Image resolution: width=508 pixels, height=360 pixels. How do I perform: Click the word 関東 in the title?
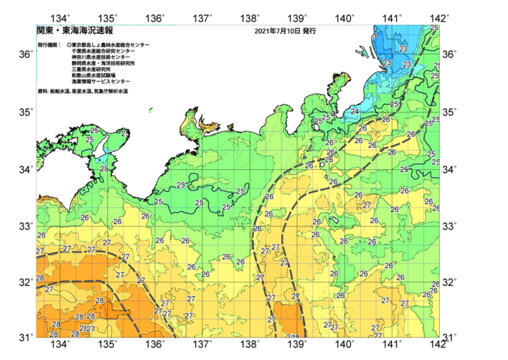[45, 31]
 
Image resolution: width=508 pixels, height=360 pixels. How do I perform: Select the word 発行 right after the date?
[308, 32]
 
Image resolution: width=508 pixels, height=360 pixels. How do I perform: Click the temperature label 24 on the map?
[355, 112]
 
